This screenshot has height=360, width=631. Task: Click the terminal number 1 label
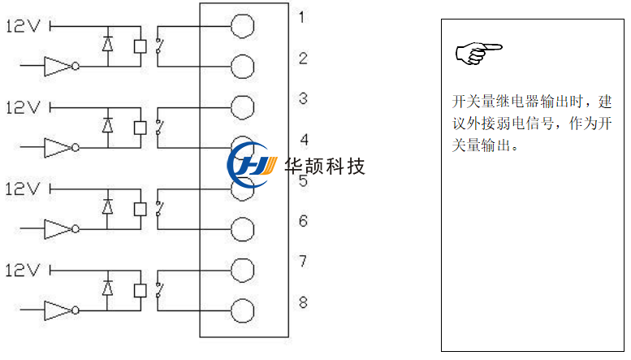point(302,17)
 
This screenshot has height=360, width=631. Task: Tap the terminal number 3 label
point(302,98)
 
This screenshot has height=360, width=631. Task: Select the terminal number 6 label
point(302,220)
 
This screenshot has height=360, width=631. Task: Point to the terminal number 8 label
point(302,302)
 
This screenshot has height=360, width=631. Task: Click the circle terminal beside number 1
point(242,26)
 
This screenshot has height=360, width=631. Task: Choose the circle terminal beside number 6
point(242,229)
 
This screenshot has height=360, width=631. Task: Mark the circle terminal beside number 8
point(242,310)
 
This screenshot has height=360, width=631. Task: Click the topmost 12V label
point(23,26)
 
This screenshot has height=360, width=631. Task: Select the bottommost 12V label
point(23,270)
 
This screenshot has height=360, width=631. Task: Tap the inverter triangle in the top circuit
point(58,67)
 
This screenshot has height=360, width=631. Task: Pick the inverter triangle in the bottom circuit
point(58,310)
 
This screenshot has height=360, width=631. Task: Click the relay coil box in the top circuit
point(140,46)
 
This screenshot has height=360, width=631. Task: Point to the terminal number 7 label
point(302,261)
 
